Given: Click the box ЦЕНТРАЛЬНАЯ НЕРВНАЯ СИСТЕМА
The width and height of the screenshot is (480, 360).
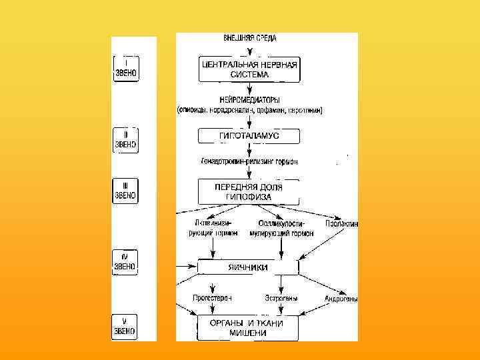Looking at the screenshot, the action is click(249, 68).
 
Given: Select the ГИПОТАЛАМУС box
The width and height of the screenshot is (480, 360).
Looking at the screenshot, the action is click(249, 136).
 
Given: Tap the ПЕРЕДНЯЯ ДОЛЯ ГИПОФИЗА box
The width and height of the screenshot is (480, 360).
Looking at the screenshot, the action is click(249, 192).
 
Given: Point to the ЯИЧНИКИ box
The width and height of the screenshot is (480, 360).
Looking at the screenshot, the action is click(248, 267).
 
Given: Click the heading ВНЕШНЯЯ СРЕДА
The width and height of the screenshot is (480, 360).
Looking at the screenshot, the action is click(250, 39).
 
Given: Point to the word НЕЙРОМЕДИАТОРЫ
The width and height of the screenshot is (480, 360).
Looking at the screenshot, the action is click(249, 100).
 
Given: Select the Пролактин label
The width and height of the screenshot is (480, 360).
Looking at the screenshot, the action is click(341, 224).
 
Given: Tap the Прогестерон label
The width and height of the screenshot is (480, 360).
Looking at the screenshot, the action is click(212, 299).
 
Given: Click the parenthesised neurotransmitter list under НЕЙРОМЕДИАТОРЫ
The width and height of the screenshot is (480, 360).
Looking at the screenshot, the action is click(249, 111).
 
